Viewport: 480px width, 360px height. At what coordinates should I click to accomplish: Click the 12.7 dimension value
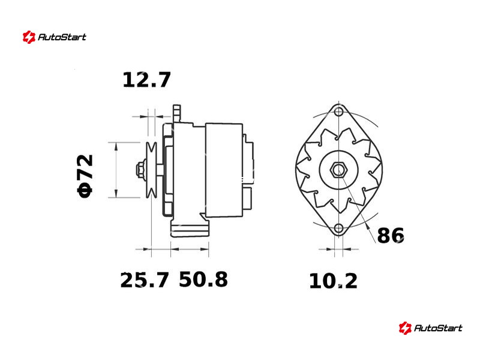click(146, 80)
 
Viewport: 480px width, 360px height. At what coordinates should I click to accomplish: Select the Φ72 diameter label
click(85, 176)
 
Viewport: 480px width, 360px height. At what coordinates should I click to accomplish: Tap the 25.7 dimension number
click(144, 280)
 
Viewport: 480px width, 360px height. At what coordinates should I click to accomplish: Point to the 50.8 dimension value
click(203, 279)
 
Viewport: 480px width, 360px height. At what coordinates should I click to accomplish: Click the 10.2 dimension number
click(333, 281)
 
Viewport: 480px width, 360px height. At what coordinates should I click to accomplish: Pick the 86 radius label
click(391, 235)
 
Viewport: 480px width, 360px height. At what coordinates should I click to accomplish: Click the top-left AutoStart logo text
click(62, 37)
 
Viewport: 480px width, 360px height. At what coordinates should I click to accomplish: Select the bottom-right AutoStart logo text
click(438, 328)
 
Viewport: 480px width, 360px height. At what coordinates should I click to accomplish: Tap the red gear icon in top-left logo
click(29, 37)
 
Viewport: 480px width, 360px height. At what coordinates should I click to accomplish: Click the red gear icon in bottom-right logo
click(405, 328)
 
